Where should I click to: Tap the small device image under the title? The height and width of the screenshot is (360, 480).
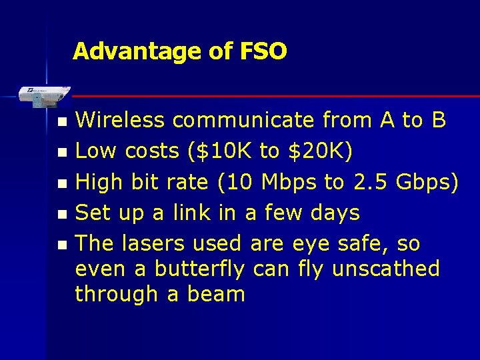(43, 95)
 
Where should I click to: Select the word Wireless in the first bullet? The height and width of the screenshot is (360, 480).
(120, 120)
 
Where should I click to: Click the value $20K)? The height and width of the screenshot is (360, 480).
(318, 151)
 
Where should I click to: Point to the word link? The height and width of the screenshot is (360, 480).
(194, 213)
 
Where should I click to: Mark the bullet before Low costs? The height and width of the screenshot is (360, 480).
(62, 153)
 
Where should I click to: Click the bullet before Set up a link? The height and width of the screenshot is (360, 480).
(62, 215)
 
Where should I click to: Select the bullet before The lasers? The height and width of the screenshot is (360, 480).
(62, 245)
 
